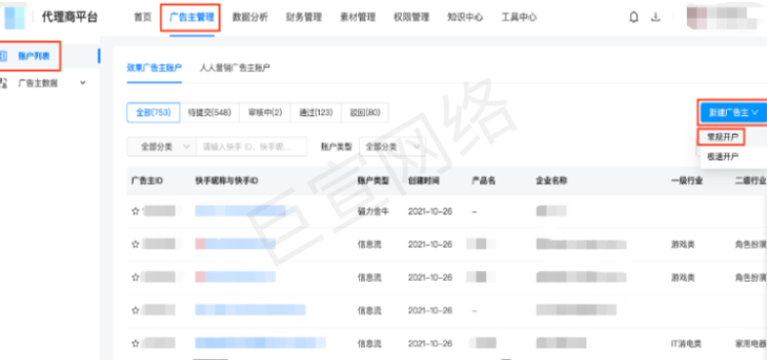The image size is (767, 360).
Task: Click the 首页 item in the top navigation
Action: [x=142, y=17]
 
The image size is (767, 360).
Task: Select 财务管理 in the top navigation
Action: [x=303, y=17]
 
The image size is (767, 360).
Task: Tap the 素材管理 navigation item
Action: [x=356, y=17]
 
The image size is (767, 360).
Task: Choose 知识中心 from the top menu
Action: [x=464, y=17]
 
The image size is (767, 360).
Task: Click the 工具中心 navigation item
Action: [x=519, y=17]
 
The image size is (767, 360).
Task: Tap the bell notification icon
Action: [x=634, y=17]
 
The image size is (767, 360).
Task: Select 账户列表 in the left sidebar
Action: [x=34, y=58]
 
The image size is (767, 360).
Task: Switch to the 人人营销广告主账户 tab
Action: [x=234, y=68]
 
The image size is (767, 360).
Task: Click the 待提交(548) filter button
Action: [x=207, y=112]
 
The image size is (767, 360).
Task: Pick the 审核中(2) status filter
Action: [x=264, y=112]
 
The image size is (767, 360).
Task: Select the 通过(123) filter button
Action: [x=317, y=112]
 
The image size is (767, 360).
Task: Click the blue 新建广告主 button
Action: [x=731, y=112]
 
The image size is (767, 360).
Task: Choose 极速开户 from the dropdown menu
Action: [x=723, y=156]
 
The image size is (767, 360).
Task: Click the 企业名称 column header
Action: [x=552, y=181]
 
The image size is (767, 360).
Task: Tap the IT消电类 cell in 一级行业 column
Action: [x=688, y=343]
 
